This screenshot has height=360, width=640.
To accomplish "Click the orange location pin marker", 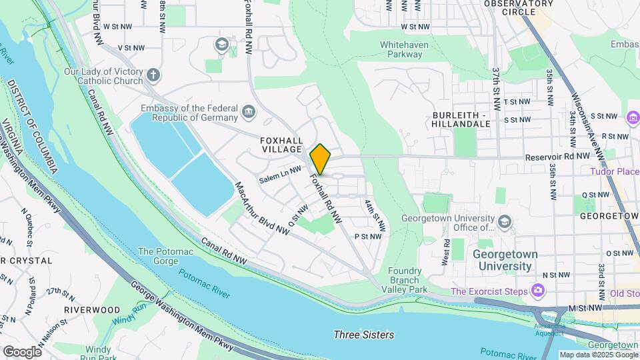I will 321,159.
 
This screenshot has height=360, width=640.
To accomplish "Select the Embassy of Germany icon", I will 248,110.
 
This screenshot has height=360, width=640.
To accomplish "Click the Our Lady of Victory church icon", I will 153,75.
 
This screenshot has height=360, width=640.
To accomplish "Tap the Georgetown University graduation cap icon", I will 505,221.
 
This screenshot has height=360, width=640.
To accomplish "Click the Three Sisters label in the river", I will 363,335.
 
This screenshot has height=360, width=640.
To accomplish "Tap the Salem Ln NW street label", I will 281,175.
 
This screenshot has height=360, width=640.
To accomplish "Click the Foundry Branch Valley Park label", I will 408,280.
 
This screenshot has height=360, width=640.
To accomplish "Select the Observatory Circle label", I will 519,7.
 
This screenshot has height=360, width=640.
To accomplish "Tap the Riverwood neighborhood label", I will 92,310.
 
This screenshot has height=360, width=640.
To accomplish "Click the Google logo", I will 22,351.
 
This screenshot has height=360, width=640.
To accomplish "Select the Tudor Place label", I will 614,171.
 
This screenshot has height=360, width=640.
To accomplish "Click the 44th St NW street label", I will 375,215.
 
